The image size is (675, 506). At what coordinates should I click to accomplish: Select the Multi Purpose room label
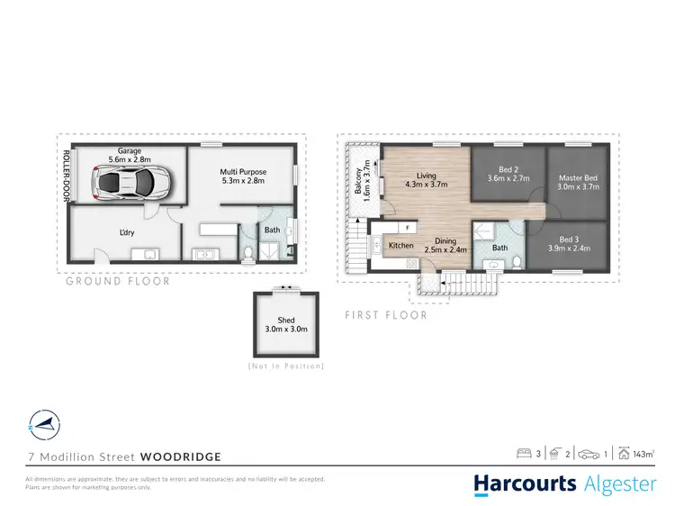(x=243, y=176)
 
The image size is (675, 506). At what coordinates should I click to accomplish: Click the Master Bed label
(x=578, y=183)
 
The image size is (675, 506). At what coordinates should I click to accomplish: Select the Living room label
(x=426, y=179)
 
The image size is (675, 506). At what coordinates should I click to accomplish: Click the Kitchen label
(x=400, y=245)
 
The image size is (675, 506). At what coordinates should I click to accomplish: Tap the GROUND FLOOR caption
(x=117, y=281)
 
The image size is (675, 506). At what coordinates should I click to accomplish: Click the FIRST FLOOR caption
(x=386, y=316)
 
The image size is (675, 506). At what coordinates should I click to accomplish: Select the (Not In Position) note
(x=284, y=366)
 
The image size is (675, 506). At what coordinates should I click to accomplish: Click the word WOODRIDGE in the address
(x=181, y=456)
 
